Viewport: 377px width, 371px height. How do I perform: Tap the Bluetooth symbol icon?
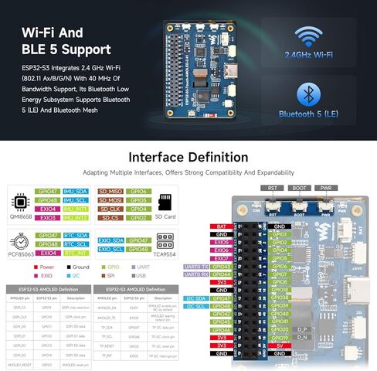tap(310, 96)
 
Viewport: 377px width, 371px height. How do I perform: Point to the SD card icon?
tap(163, 202)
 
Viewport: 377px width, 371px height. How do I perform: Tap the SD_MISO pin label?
tap(110, 191)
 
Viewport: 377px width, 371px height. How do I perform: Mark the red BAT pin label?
tap(222, 226)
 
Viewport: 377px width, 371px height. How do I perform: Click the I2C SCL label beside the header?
tap(196, 306)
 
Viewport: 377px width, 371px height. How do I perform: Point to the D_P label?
tap(303, 328)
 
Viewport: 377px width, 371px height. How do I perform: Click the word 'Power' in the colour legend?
tap(51, 267)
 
